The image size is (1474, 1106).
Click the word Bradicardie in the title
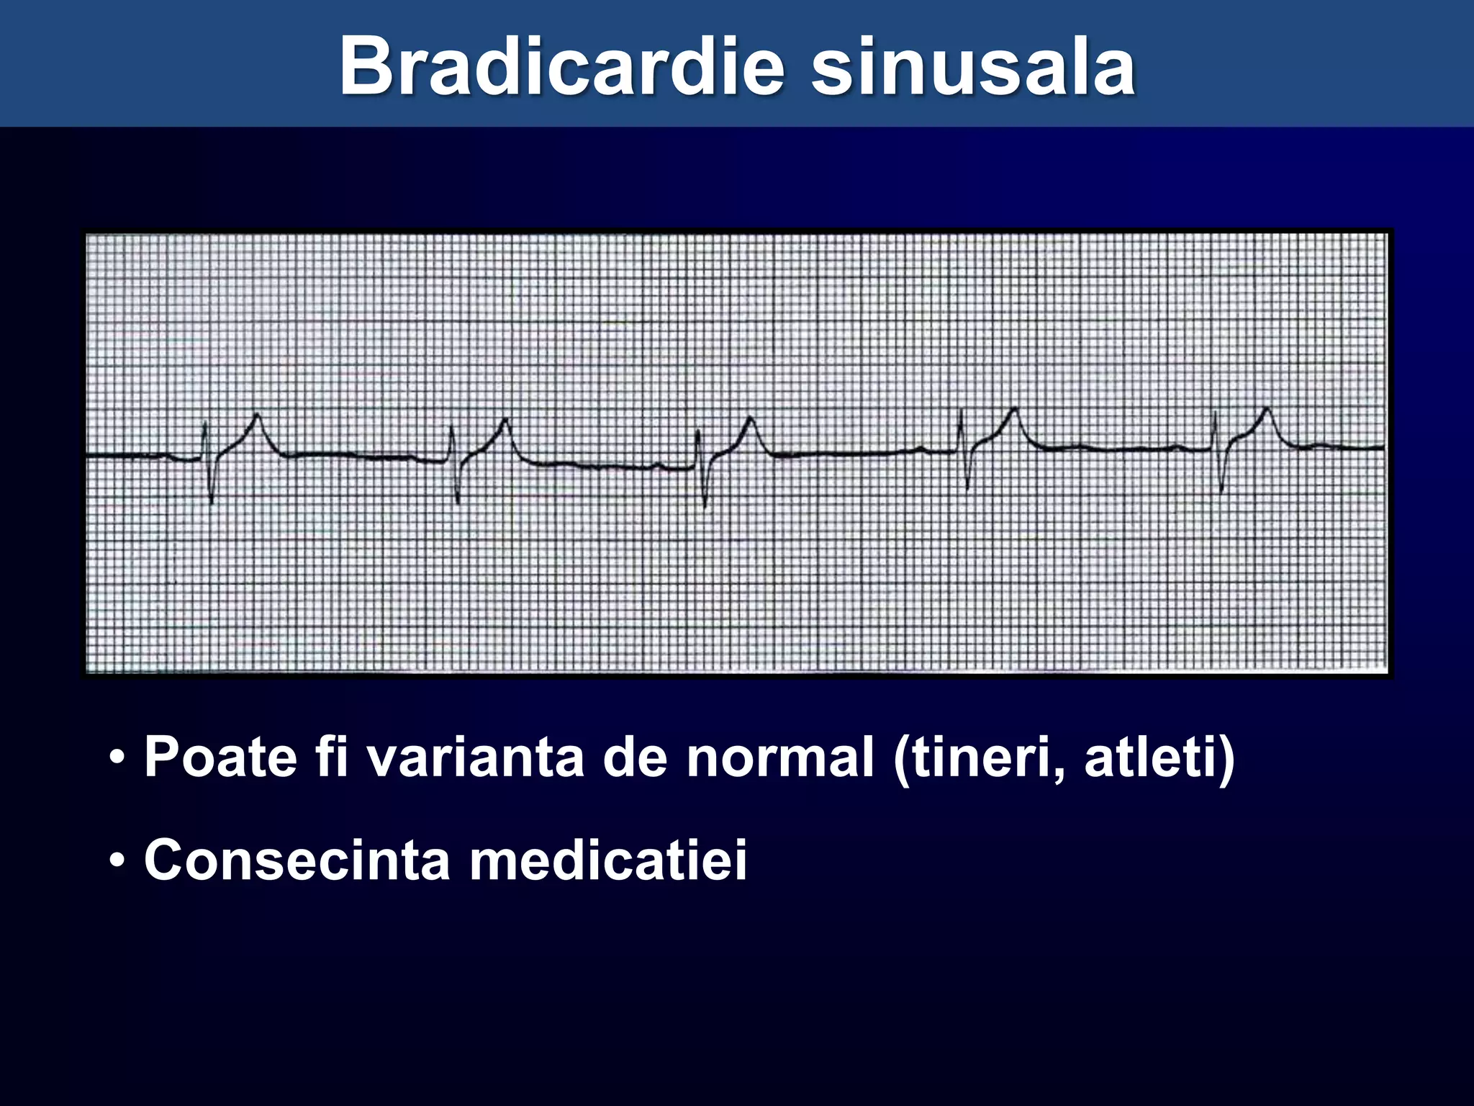click(561, 66)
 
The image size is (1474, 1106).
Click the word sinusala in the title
click(973, 66)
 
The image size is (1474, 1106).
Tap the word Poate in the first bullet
click(220, 757)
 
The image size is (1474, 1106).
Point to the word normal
click(780, 757)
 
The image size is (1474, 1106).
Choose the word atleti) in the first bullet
click(1159, 757)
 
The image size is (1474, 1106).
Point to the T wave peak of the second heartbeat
click(506, 420)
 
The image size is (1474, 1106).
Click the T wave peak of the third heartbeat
click(751, 418)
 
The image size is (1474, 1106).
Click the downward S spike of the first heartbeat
click(212, 501)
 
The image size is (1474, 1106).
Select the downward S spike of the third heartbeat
click(705, 505)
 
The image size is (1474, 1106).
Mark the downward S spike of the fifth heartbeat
click(1222, 491)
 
